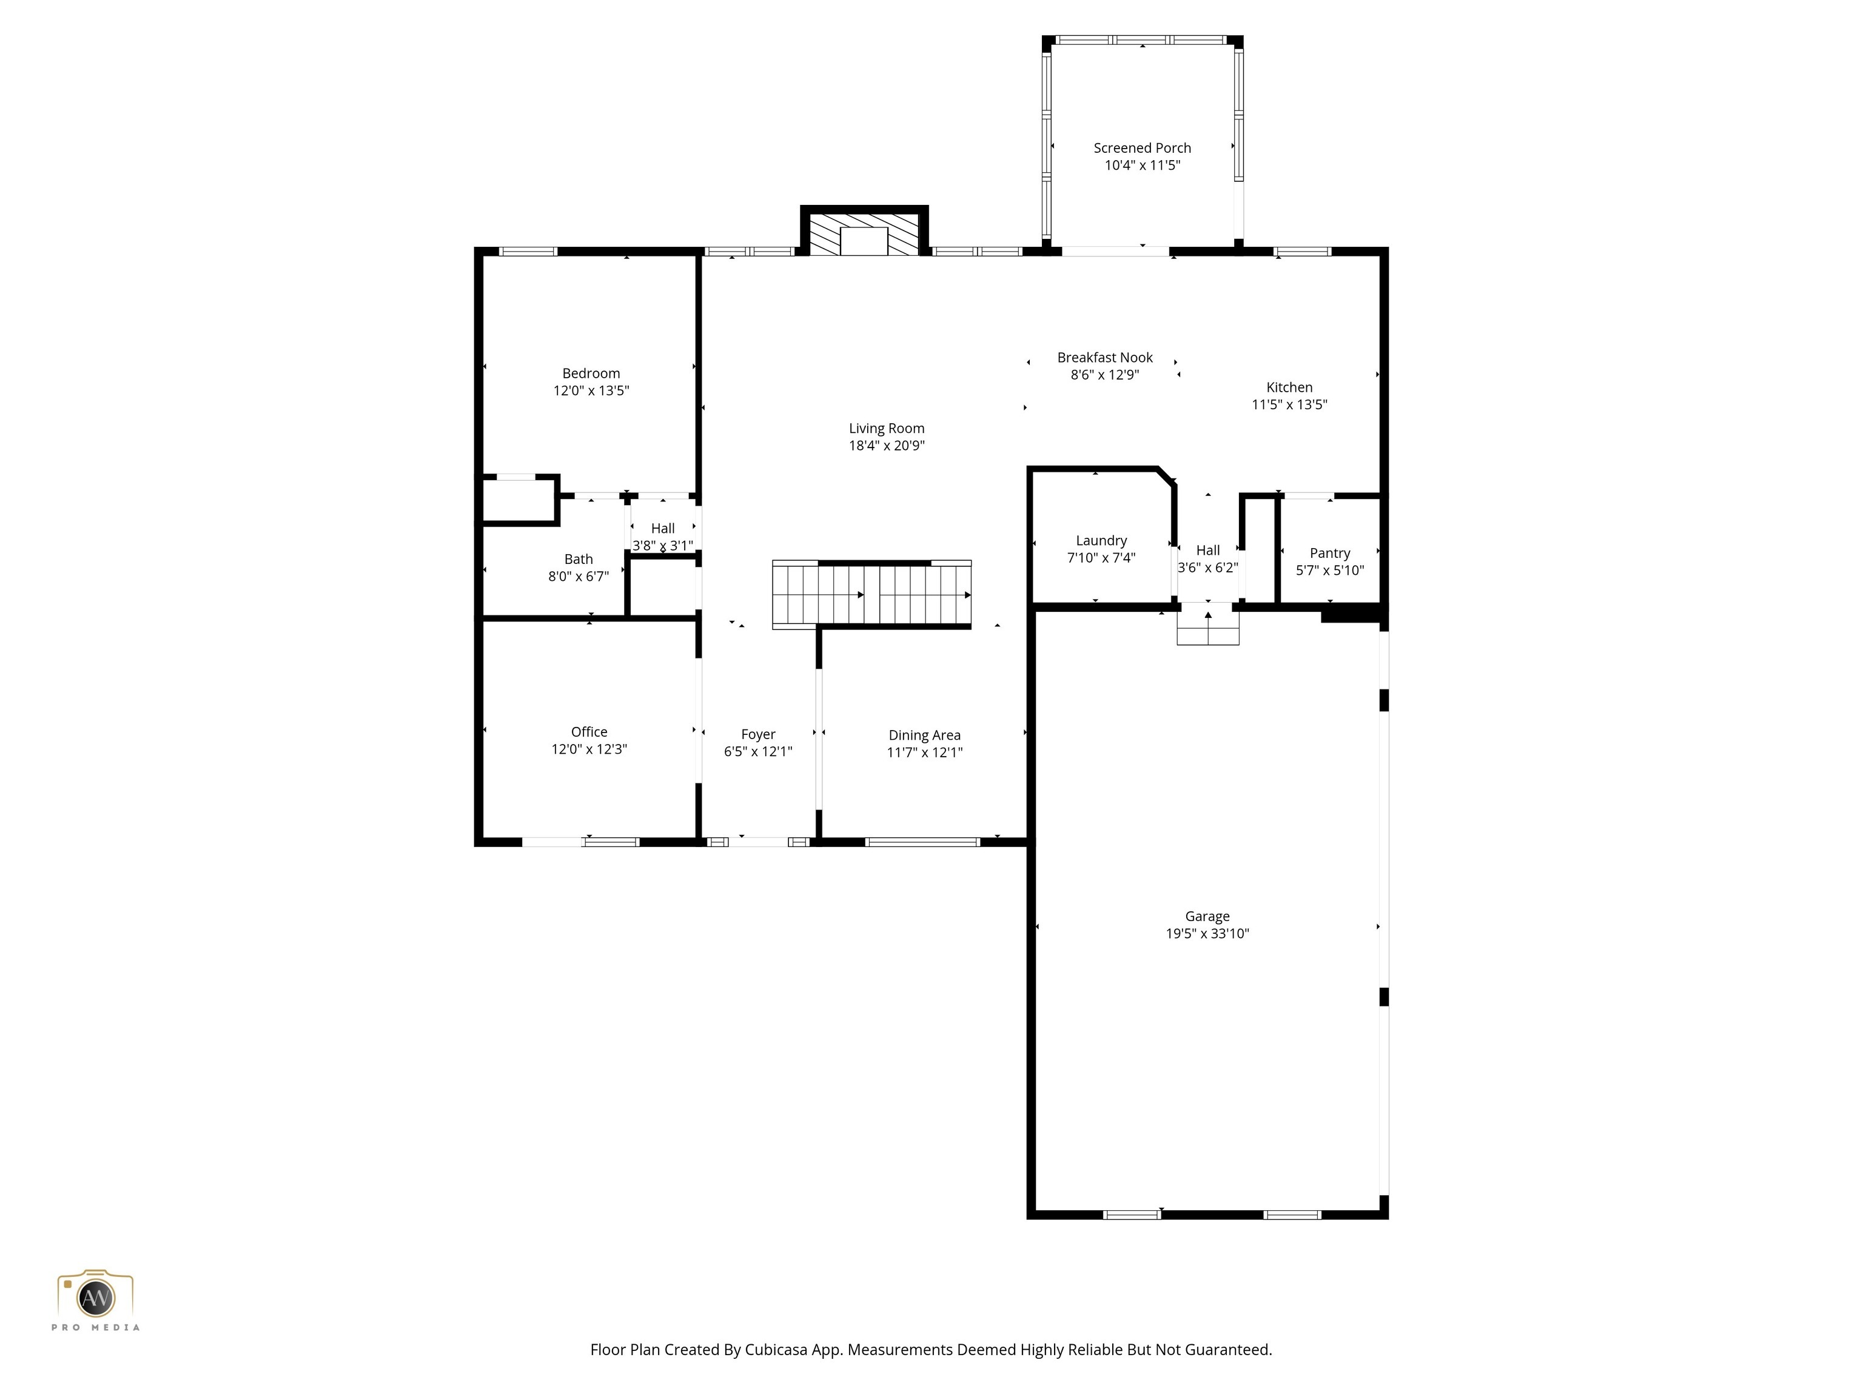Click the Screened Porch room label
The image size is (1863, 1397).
(1142, 148)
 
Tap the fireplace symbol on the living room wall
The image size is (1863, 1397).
(864, 234)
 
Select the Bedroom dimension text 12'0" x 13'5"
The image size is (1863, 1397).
(591, 390)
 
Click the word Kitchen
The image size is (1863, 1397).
(1289, 387)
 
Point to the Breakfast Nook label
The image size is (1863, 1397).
(1105, 358)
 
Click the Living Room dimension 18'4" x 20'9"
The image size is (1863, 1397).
(886, 446)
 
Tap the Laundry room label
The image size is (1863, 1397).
(1101, 541)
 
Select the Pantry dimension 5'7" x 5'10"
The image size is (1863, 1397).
(1330, 570)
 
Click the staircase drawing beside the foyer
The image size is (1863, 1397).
(871, 594)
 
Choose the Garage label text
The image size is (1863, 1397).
(1207, 916)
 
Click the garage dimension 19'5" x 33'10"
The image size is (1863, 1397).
(1207, 933)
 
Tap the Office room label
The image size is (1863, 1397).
(589, 732)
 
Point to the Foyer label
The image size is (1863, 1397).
(758, 734)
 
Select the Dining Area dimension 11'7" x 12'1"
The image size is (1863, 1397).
(924, 752)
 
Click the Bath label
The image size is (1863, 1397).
(579, 559)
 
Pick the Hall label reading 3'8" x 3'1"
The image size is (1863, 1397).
(663, 537)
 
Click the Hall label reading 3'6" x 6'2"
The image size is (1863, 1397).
(1208, 559)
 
